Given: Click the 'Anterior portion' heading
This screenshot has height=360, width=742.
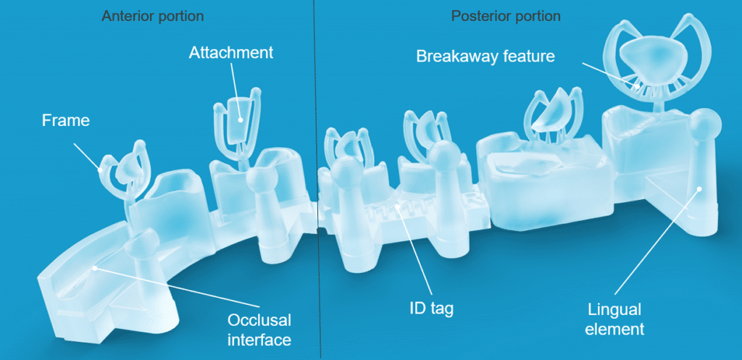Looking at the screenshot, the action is [x=152, y=16].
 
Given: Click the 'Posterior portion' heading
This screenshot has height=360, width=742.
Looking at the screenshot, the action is [x=505, y=16].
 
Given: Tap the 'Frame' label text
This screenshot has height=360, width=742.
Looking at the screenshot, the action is [x=66, y=121].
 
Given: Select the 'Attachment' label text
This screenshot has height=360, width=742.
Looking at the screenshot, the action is [x=231, y=52].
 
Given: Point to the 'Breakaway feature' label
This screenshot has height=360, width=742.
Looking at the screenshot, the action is [x=485, y=56].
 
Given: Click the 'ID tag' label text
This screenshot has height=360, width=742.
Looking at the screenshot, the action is [x=430, y=309].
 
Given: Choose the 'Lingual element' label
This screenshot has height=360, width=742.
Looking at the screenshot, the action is [x=614, y=319].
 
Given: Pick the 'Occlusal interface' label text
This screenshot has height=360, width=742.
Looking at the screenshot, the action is [x=259, y=330].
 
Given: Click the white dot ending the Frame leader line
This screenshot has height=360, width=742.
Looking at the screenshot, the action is [x=101, y=168].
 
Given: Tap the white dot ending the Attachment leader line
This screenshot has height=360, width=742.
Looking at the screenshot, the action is [x=241, y=120].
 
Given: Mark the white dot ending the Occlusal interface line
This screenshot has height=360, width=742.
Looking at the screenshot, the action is [x=95, y=268].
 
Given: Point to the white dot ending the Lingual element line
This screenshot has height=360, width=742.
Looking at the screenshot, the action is [x=699, y=189].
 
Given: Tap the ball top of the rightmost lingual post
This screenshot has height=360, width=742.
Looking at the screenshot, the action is [x=705, y=125].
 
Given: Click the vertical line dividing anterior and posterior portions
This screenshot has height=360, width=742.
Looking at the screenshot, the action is [x=317, y=180].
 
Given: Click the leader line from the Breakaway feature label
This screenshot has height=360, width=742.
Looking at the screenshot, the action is [x=609, y=75].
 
